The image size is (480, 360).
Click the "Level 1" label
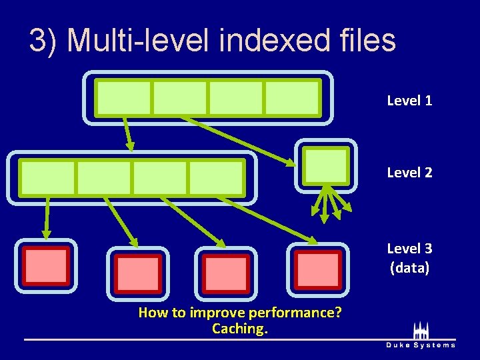coord(409,101)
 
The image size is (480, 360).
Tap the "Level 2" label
coord(409,173)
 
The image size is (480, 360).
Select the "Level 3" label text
coord(409,249)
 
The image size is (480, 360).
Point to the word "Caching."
coord(239,328)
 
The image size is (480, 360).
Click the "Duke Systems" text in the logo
coord(421,345)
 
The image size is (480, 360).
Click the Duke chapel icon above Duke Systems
coord(421,330)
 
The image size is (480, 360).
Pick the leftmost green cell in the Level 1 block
coord(123,98)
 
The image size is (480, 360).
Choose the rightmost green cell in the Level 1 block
coord(293,98)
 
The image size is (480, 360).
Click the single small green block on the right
coord(325,165)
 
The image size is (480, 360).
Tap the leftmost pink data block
coord(46,266)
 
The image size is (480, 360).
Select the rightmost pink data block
coord(318,269)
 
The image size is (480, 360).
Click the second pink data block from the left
coord(138,273)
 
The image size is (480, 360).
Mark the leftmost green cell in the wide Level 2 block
coord(47,177)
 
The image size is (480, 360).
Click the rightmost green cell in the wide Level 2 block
coord(217,177)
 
